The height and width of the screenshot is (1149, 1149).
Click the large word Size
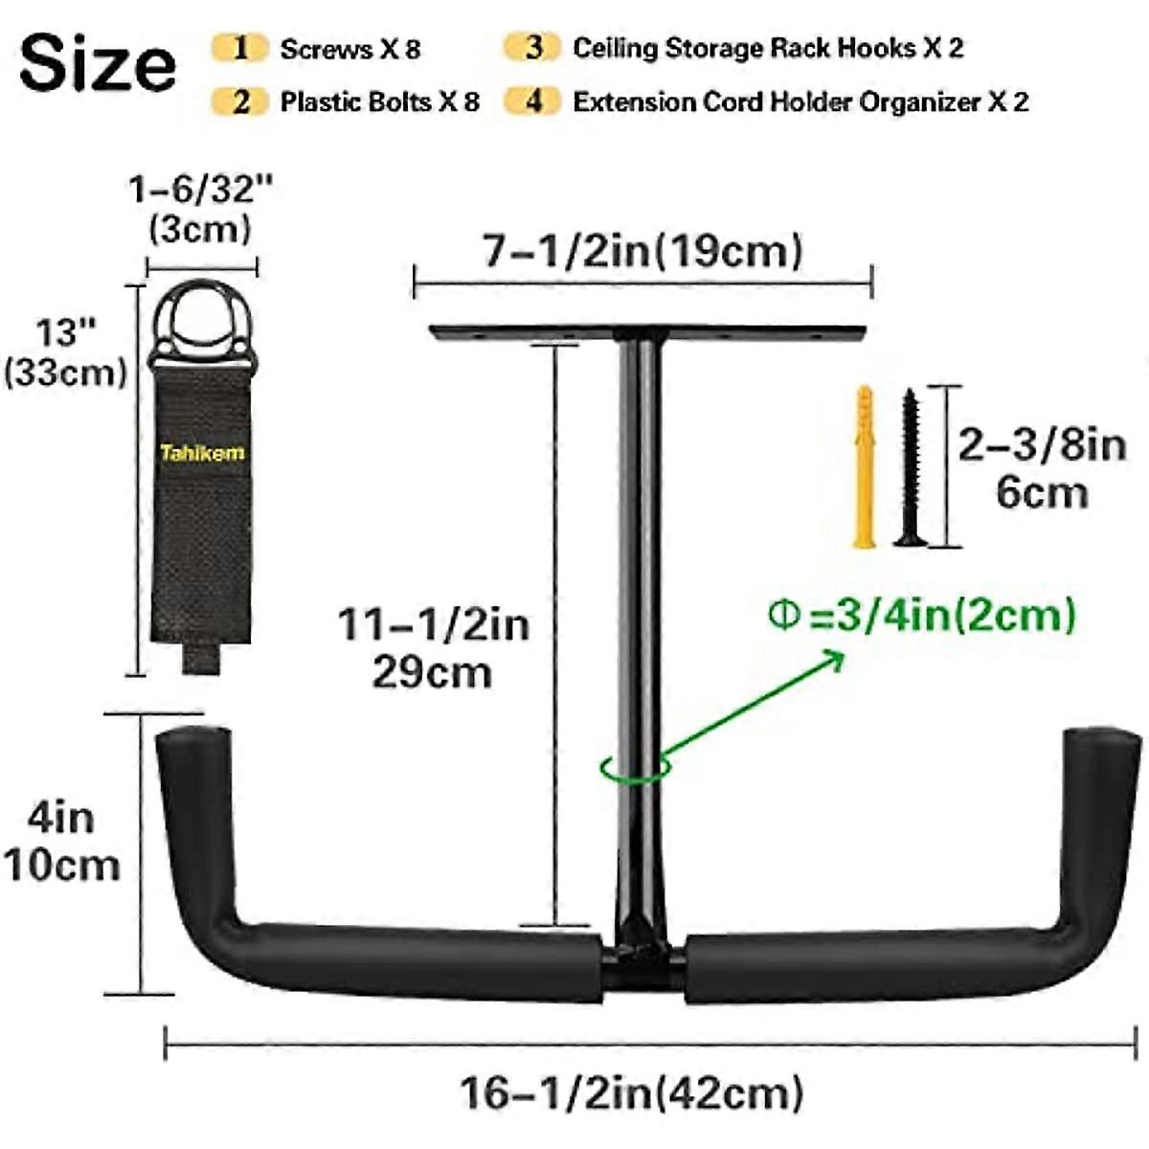(98, 64)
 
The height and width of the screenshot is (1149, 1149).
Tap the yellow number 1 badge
(240, 48)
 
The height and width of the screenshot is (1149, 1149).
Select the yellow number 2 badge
(240, 101)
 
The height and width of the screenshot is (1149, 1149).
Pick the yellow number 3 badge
(534, 47)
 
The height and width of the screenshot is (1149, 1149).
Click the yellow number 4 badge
(534, 101)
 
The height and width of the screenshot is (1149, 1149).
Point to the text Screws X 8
(349, 49)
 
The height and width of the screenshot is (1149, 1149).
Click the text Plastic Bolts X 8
(379, 101)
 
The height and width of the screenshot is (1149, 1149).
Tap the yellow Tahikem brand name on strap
(202, 452)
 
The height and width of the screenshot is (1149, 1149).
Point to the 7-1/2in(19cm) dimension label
(642, 251)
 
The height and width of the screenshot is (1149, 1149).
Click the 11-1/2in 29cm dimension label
(433, 647)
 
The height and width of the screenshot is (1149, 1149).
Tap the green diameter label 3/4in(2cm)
(923, 614)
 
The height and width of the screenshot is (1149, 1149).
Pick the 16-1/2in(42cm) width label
(632, 1093)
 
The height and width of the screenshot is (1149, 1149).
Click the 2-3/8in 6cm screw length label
(1042, 469)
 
